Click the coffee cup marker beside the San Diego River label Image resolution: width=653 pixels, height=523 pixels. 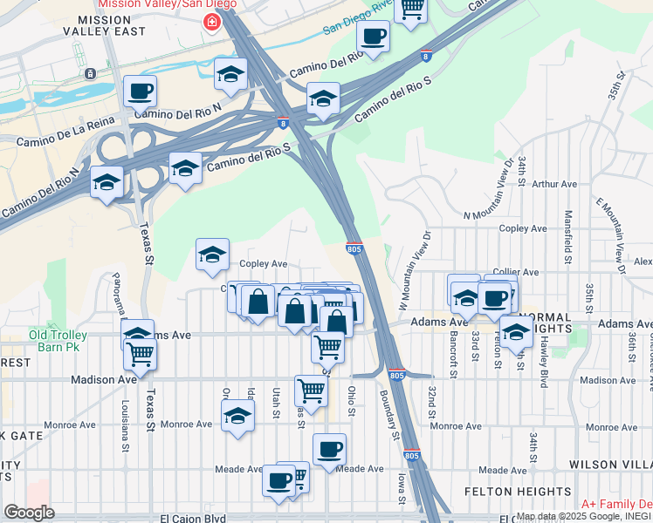click(373, 37)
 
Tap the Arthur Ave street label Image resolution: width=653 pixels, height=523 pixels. click(554, 184)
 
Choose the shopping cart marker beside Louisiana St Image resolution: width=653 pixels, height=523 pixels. click(140, 354)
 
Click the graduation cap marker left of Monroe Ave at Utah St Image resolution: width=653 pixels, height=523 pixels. click(237, 416)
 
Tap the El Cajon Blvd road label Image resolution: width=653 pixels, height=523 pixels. click(193, 518)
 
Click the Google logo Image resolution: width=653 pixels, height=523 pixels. click(29, 512)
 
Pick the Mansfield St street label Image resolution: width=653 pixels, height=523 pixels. click(568, 235)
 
